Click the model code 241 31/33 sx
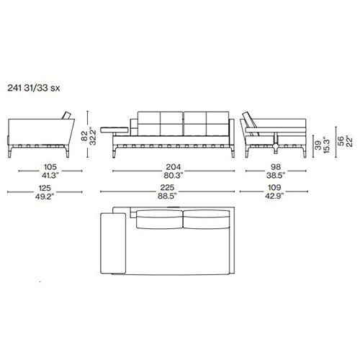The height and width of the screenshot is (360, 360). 34,88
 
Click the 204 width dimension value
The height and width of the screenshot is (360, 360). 174,167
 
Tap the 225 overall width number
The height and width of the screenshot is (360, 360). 167,187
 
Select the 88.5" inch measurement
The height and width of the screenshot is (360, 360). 167,196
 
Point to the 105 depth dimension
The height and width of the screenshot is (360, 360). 50,167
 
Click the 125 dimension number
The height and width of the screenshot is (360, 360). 45,188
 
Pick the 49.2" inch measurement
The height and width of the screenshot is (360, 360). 45,197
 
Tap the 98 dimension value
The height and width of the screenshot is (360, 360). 276,167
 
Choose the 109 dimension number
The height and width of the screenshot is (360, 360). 274,187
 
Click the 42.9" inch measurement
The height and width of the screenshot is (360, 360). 274,196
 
